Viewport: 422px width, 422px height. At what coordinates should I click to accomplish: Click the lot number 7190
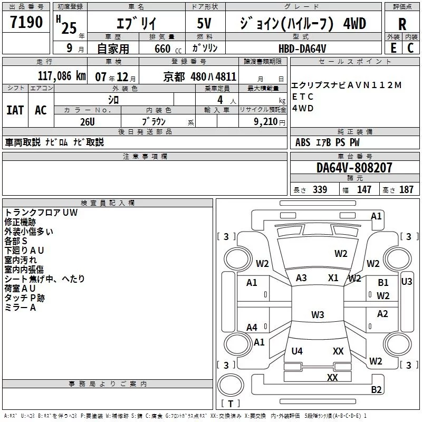(x=26, y=22)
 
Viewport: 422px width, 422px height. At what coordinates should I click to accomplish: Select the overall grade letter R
(x=402, y=24)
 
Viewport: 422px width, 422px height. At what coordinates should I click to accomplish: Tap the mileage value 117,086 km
(x=62, y=76)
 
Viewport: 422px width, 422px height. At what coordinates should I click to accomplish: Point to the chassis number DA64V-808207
(x=354, y=168)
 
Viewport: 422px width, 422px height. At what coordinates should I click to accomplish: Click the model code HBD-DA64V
(x=302, y=49)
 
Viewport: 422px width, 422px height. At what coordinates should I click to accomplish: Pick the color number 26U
(x=88, y=122)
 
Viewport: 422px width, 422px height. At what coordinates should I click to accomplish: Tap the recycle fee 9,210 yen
(x=270, y=122)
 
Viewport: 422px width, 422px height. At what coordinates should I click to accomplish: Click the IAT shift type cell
(x=15, y=110)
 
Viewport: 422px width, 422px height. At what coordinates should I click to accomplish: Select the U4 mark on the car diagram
(x=297, y=351)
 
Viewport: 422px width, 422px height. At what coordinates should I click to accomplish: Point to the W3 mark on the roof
(x=318, y=314)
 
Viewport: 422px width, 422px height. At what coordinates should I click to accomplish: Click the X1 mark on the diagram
(x=333, y=278)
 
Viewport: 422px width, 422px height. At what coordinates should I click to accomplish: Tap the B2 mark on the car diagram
(x=376, y=389)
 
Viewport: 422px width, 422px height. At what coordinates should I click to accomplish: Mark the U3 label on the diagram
(x=406, y=282)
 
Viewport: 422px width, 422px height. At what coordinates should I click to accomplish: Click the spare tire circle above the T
(x=231, y=385)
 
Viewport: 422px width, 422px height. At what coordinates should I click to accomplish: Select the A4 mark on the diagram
(x=252, y=328)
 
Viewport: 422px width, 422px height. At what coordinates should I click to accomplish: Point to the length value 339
(x=320, y=189)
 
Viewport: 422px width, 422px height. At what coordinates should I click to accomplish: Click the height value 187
(x=406, y=189)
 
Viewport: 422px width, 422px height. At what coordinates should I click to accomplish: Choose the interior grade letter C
(x=410, y=48)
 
